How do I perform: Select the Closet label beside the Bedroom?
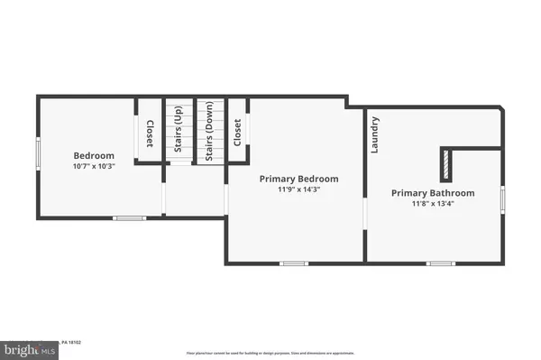(x=150, y=133)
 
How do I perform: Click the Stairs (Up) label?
(x=178, y=133)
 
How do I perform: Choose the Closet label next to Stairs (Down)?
(x=237, y=133)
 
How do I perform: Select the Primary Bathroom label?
(x=433, y=193)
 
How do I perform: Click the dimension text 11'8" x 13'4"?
(x=433, y=205)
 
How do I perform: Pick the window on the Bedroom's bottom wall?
(x=129, y=217)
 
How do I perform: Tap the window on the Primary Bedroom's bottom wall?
(x=293, y=263)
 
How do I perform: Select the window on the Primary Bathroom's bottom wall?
(x=439, y=263)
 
